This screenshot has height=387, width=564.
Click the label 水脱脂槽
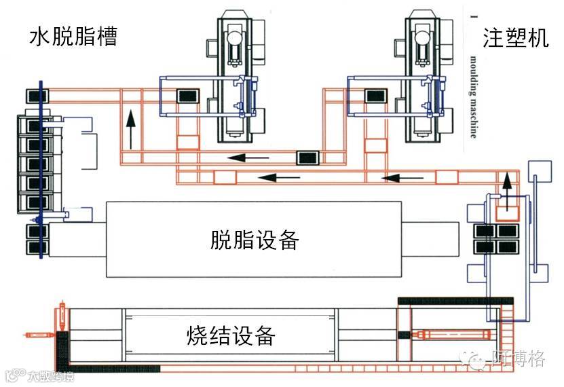pyautogui.click(x=73, y=37)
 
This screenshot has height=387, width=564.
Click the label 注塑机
pyautogui.click(x=515, y=38)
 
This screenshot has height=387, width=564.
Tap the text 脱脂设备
pyautogui.click(x=255, y=240)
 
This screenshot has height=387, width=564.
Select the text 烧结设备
pyautogui.click(x=231, y=335)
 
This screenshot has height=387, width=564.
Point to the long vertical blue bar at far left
pyautogui.click(x=41, y=170)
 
